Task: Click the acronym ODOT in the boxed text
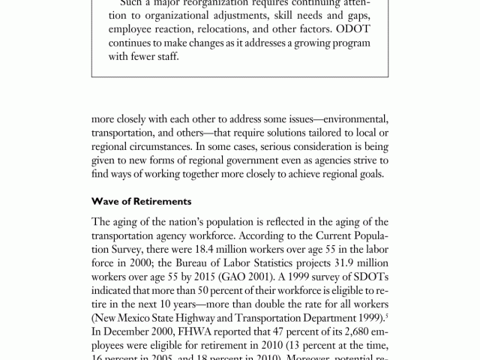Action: click(352, 31)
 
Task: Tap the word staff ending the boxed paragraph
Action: click(165, 56)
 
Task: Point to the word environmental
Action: click(355, 120)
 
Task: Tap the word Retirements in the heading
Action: click(161, 201)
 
